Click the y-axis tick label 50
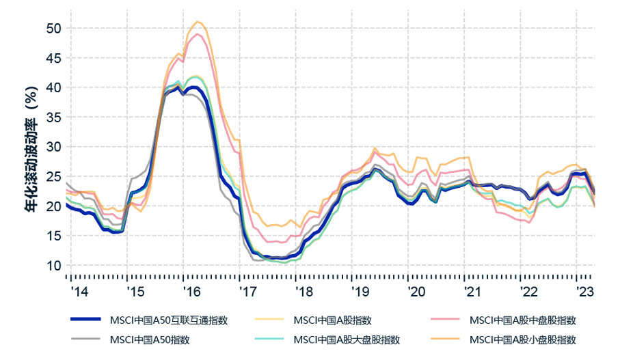tap(53, 29)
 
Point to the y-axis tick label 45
tap(53, 58)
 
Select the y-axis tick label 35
tap(53, 117)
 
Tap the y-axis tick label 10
tap(53, 265)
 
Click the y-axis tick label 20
tap(53, 206)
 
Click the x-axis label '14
tap(79, 291)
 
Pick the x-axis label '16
tap(191, 291)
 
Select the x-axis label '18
tap(304, 291)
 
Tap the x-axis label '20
tap(416, 291)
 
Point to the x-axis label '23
tap(584, 291)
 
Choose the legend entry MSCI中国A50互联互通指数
tap(168, 320)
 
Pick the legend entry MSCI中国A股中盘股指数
tap(523, 320)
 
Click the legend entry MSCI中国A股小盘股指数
tap(523, 340)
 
